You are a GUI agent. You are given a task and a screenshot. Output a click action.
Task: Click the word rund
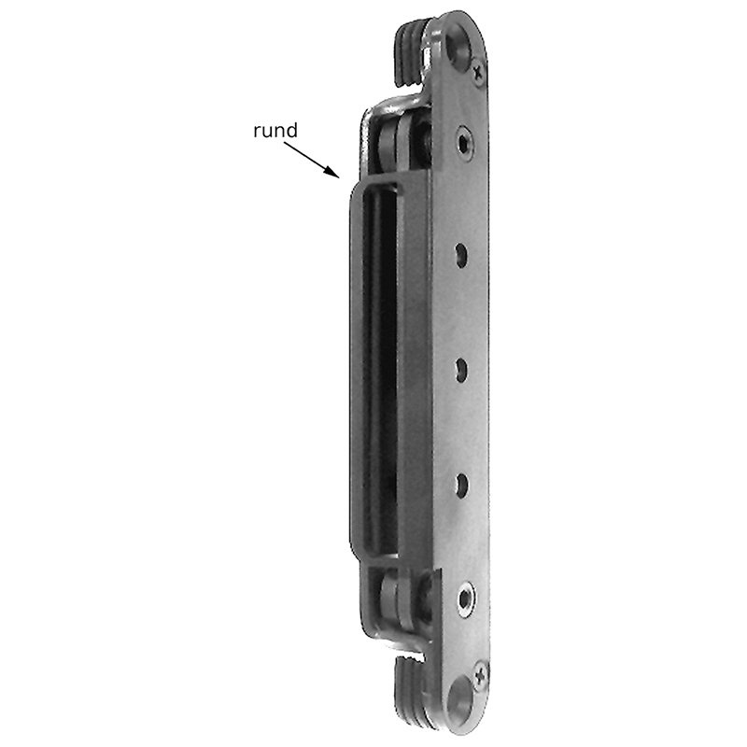coord(275,130)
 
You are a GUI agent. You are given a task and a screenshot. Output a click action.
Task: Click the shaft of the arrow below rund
coord(312,160)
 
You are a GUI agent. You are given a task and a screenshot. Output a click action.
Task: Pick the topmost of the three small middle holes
coord(460,256)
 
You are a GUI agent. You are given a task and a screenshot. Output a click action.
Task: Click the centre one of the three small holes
coord(461,371)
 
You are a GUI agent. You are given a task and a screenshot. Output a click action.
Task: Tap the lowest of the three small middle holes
coord(461,486)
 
